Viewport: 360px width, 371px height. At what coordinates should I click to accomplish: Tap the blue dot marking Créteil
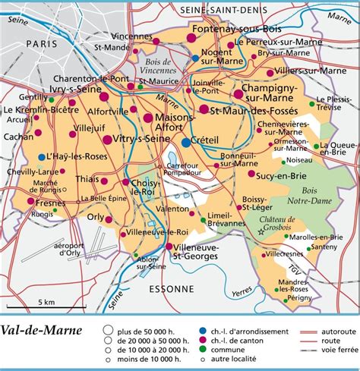point(185,142)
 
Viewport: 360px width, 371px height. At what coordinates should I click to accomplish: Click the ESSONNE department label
point(170,288)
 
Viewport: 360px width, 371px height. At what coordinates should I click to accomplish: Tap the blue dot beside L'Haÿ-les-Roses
point(41,156)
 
